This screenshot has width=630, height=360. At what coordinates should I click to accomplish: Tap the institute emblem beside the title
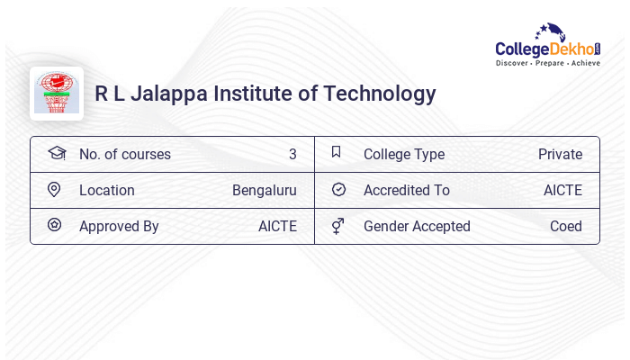[57, 93]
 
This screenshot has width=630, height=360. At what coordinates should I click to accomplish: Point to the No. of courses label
[125, 154]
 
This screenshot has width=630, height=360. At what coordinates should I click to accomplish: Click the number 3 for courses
[292, 154]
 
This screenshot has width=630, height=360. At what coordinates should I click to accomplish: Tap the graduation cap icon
[56, 153]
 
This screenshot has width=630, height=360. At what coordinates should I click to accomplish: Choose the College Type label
[404, 154]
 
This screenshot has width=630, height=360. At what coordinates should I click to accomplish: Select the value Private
[560, 154]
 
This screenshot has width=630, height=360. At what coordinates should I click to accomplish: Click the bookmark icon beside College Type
[337, 152]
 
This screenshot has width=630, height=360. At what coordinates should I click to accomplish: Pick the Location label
[107, 190]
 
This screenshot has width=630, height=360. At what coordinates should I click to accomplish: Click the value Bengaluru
[265, 190]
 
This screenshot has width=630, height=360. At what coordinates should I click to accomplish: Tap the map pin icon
[54, 190]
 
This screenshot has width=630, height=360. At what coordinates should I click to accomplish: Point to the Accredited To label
[407, 190]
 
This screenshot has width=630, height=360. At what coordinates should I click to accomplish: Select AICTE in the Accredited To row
[562, 190]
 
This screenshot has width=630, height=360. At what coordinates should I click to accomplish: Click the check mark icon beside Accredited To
[338, 190]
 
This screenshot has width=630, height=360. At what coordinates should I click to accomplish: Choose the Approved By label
[119, 226]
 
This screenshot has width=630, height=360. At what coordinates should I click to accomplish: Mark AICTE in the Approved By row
[277, 226]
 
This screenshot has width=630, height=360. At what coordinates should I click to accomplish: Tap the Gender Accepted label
[417, 226]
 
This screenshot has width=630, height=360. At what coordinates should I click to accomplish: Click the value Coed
[566, 226]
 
